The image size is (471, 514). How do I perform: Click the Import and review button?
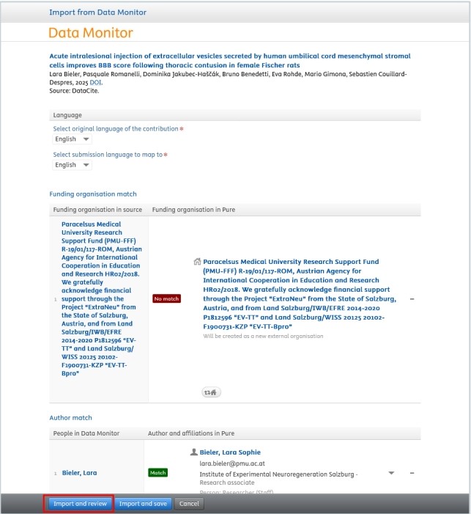(80, 504)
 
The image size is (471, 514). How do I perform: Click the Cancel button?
(189, 504)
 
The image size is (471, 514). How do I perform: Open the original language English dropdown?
(72, 139)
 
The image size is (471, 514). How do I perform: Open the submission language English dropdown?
(72, 165)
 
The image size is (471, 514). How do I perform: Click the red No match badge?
(166, 299)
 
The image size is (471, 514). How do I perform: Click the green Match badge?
(157, 473)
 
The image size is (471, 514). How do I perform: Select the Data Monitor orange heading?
(91, 33)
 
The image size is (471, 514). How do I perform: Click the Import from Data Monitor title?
(97, 12)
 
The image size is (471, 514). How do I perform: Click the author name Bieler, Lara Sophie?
(230, 452)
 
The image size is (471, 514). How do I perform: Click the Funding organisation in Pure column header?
(193, 210)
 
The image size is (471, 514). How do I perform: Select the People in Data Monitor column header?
(86, 433)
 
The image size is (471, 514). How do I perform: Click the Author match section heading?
(70, 418)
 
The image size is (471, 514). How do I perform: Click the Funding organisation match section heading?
(93, 194)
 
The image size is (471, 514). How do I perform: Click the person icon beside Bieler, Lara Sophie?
(194, 452)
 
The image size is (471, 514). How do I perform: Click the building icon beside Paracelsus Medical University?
(196, 262)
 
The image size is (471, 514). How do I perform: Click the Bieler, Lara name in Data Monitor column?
(79, 473)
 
